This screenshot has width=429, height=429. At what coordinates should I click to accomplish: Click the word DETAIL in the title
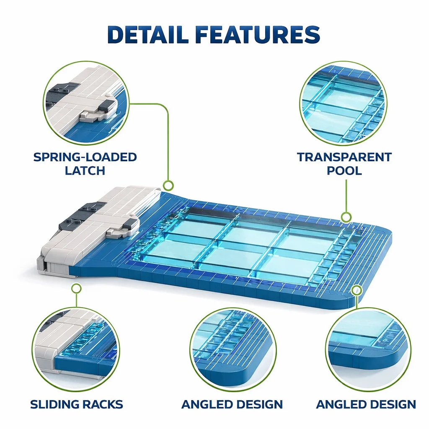[148, 34]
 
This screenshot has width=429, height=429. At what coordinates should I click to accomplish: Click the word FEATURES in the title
[258, 34]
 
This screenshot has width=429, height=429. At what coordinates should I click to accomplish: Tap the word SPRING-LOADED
[85, 157]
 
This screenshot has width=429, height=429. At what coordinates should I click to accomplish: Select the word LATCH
[85, 171]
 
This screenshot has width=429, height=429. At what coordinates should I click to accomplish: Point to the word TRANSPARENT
[344, 157]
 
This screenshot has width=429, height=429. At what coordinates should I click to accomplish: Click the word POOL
[344, 171]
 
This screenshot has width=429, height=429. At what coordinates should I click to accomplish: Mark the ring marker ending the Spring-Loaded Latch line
[168, 186]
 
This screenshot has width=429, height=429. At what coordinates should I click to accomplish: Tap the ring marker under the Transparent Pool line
[346, 217]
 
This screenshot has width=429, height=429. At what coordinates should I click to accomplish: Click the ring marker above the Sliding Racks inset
[77, 288]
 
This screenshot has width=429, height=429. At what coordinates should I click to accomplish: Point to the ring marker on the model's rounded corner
[357, 290]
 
